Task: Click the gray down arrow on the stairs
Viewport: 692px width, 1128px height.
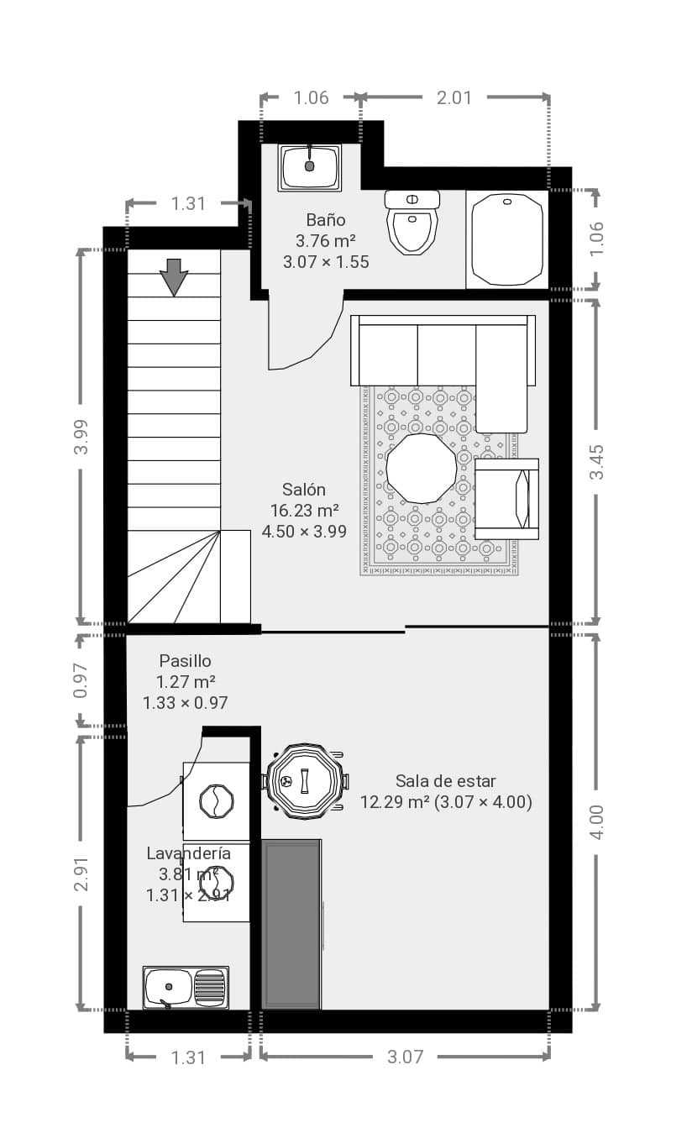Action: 174,277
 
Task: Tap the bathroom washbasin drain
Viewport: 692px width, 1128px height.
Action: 310,165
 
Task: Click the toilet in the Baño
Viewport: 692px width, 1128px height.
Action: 412,222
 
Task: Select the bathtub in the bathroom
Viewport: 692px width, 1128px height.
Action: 507,239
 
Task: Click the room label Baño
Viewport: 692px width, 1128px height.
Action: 326,220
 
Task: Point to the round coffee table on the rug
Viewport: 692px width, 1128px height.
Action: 421,469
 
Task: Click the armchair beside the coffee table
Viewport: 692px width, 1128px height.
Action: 506,499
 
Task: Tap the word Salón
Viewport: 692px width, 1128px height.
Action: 304,490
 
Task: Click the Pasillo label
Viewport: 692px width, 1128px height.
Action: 185,661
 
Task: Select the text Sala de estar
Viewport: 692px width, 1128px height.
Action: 446,781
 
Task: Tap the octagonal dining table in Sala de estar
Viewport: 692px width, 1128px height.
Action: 305,781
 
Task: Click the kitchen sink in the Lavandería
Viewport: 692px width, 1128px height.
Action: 186,988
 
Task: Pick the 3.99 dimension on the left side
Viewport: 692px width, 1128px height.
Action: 81,437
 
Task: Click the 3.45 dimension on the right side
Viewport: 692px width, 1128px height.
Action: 596,462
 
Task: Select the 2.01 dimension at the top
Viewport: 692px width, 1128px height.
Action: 454,97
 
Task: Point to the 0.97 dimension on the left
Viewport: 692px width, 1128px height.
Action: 81,680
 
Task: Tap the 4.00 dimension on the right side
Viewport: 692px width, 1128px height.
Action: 596,822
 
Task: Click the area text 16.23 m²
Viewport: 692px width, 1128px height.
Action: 304,511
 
